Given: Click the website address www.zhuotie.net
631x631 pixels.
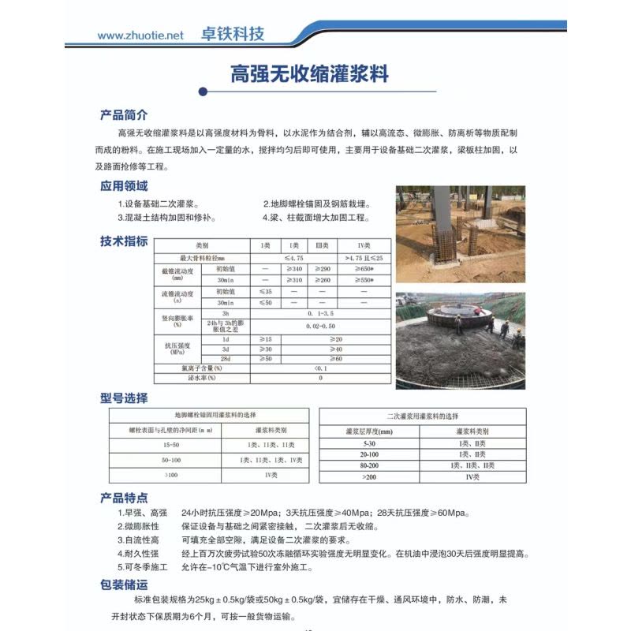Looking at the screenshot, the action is [x=140, y=35].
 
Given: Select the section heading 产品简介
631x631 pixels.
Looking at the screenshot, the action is [x=124, y=115].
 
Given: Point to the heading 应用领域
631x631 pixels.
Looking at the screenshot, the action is [x=124, y=187].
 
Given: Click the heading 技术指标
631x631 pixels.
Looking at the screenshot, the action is [x=124, y=241].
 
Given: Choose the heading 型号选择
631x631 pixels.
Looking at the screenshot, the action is [x=124, y=398].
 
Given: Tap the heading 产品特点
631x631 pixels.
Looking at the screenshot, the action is [x=124, y=498].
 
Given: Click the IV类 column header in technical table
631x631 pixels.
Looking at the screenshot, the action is [x=364, y=246].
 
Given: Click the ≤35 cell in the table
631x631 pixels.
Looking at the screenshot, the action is [x=266, y=291].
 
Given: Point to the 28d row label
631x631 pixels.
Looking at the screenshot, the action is [x=226, y=358].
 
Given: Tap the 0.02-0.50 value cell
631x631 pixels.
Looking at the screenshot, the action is [x=320, y=325].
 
